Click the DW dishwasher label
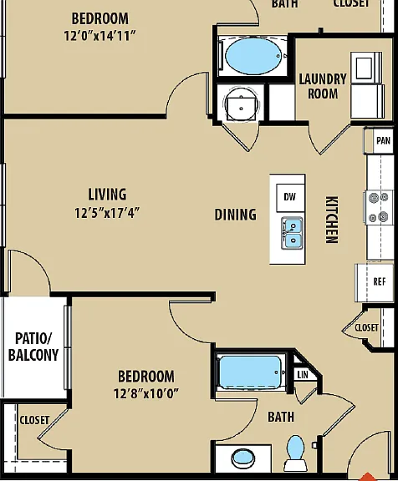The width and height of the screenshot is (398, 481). pyautogui.click(x=289, y=197)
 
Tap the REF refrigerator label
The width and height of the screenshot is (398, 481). pyautogui.click(x=380, y=281)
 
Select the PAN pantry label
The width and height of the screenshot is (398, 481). pyautogui.click(x=383, y=141)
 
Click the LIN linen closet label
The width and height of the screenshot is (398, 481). pyautogui.click(x=303, y=375)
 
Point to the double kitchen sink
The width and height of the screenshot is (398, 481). pyautogui.click(x=292, y=233)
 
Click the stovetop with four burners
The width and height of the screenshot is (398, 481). pyautogui.click(x=379, y=207)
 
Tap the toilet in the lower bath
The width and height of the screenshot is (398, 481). pyautogui.click(x=295, y=453)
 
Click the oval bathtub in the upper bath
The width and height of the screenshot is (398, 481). pyautogui.click(x=253, y=56)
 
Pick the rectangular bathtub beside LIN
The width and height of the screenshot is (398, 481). pyautogui.click(x=251, y=372)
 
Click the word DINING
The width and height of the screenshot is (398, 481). pyautogui.click(x=235, y=215)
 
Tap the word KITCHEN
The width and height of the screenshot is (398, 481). pyautogui.click(x=332, y=220)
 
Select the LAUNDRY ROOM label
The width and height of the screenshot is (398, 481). pyautogui.click(x=323, y=86)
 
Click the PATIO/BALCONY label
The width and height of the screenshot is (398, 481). pyautogui.click(x=33, y=347)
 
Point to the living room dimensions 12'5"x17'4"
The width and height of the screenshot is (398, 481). pyautogui.click(x=107, y=213)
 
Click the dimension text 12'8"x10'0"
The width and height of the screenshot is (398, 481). pyautogui.click(x=145, y=393)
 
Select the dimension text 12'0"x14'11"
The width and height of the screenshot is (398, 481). pyautogui.click(x=99, y=36)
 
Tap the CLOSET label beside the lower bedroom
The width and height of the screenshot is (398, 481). pyautogui.click(x=34, y=420)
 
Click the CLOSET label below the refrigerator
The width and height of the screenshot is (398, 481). pyautogui.click(x=366, y=327)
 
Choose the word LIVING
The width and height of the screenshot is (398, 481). pyautogui.click(x=107, y=195)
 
